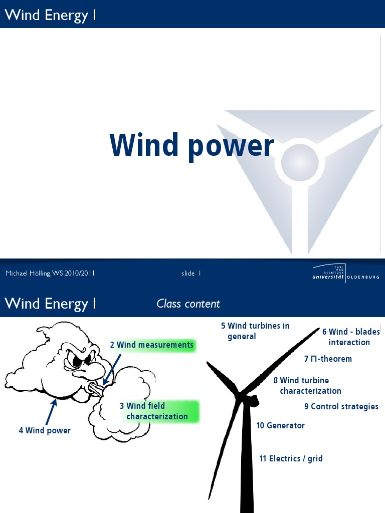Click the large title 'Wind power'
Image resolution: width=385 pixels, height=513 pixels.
[191, 145]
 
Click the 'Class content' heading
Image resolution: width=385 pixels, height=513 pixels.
[188, 304]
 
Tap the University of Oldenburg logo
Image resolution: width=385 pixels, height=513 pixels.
[345, 274]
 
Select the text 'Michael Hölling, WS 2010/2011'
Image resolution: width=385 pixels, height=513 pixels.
[50, 273]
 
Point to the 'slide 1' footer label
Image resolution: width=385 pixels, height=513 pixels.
[191, 273]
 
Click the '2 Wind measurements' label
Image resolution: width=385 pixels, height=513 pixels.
[152, 345]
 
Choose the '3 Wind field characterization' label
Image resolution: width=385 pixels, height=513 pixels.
[157, 411]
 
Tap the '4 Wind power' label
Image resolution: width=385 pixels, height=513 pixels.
[45, 430]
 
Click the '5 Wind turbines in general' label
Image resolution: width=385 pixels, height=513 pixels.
[255, 331]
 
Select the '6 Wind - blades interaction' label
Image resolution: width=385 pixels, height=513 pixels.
[350, 337]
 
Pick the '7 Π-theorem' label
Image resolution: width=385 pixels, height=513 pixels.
[328, 359]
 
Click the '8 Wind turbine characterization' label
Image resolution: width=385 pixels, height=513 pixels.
[307, 386]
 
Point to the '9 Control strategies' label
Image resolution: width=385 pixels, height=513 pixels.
[341, 406]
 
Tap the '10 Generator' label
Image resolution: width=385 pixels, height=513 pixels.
[281, 425]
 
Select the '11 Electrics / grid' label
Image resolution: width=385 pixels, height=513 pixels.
[291, 458]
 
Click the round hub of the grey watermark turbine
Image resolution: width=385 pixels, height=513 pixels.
[300, 163]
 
